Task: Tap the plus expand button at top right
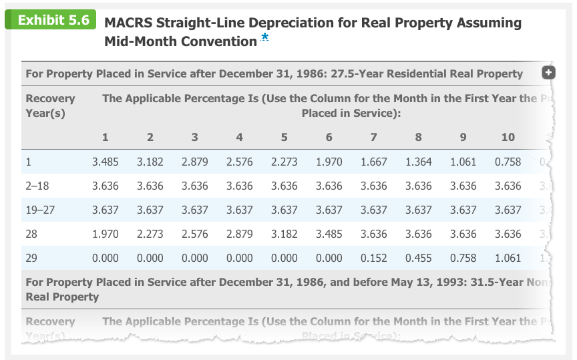(548, 73)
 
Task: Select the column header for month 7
(373, 137)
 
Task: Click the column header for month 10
(508, 137)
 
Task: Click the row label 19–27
(39, 210)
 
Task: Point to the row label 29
(31, 258)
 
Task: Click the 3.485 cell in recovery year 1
(105, 162)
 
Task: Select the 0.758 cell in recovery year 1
(508, 162)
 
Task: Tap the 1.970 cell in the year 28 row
(105, 234)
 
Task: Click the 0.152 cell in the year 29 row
(373, 258)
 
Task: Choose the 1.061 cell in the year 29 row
(508, 258)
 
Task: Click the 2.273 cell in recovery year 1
(284, 162)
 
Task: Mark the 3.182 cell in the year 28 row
(284, 234)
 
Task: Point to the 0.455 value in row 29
(418, 258)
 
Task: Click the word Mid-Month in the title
(135, 41)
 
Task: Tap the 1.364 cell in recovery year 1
(418, 162)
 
